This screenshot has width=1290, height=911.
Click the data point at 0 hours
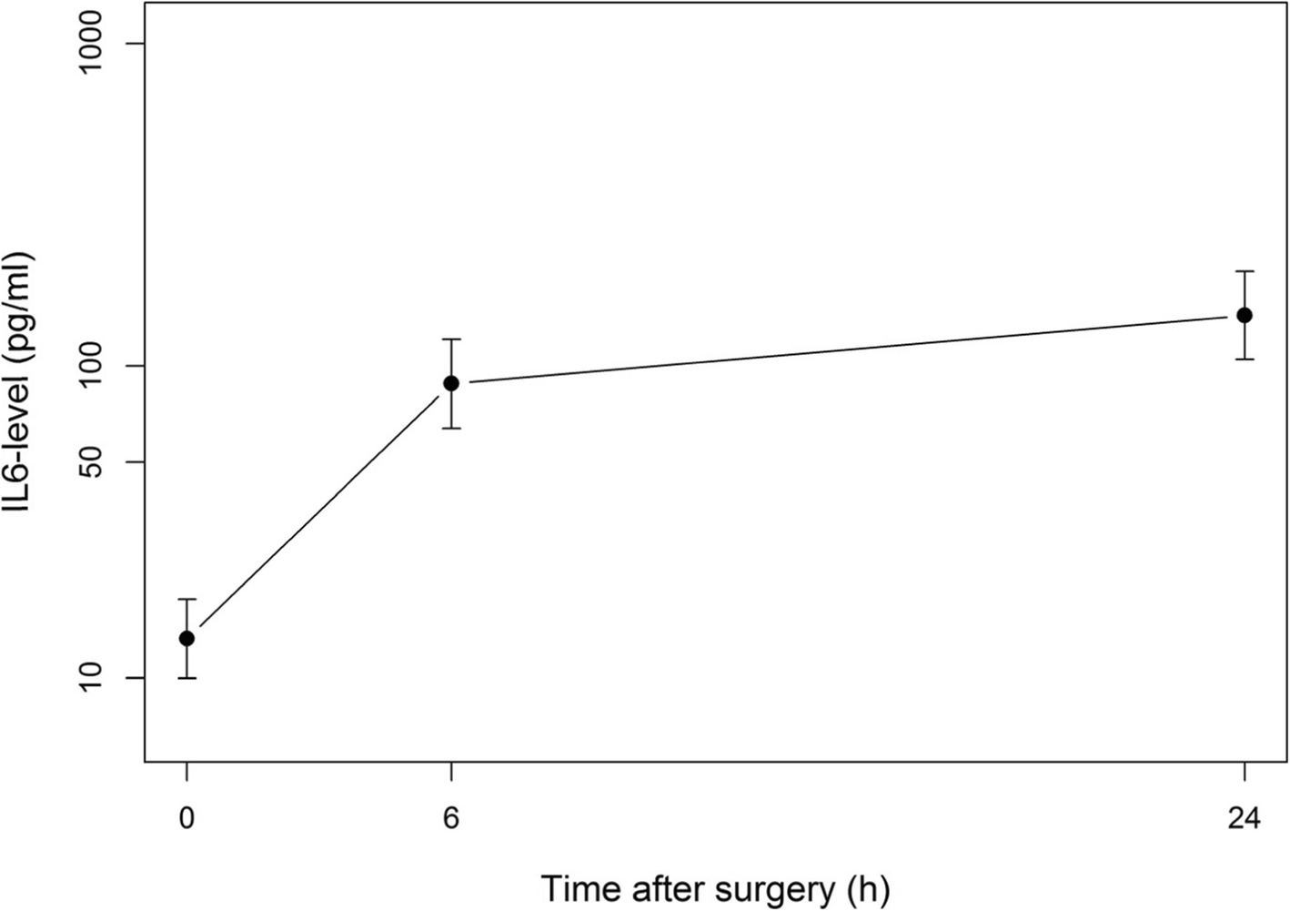click(x=186, y=638)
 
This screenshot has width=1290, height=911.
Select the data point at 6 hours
click(x=450, y=383)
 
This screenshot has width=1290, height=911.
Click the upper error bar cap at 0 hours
click(x=186, y=599)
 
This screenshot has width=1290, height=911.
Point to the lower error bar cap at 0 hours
click(x=186, y=678)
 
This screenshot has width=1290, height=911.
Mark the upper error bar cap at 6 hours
click(x=450, y=339)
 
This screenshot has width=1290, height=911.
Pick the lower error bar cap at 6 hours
click(x=450, y=428)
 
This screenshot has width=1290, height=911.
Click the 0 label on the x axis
click(x=186, y=820)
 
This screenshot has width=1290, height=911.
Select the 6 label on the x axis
click(x=450, y=820)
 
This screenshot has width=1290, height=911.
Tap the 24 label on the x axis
click(x=1244, y=820)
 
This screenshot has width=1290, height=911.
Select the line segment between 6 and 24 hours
click(x=846, y=349)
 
